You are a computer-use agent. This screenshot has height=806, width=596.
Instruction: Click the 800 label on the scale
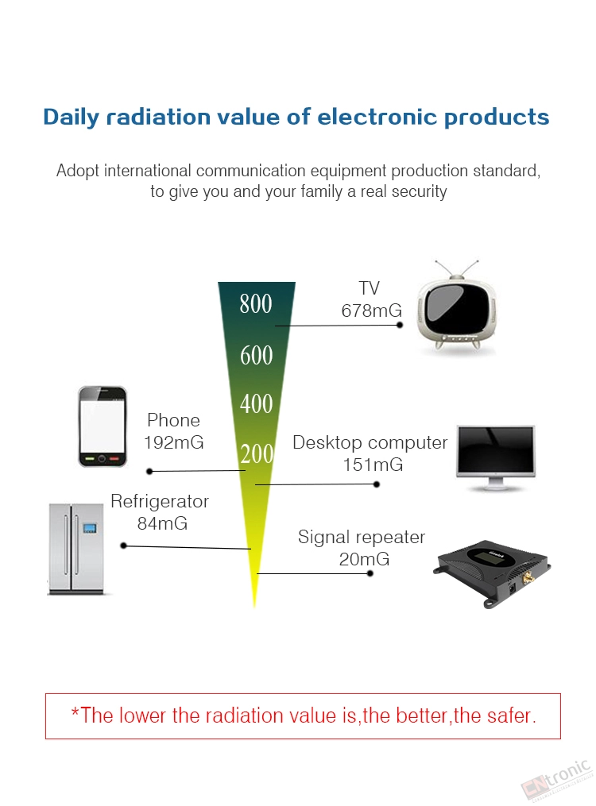(256, 304)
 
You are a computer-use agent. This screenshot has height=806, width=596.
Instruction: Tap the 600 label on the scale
(256, 356)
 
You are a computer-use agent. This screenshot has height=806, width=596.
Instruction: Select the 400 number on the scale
(256, 403)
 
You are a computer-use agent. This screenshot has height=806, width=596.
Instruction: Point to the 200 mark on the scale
(257, 454)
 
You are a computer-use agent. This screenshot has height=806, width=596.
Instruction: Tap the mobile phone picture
(103, 426)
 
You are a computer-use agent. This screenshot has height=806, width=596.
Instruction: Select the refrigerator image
(76, 549)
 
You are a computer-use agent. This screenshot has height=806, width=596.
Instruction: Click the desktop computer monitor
(496, 458)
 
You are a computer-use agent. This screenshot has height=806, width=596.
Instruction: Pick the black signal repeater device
(492, 573)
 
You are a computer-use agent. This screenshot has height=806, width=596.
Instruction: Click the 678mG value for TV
(371, 310)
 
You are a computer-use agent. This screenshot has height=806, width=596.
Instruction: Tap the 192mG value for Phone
(174, 442)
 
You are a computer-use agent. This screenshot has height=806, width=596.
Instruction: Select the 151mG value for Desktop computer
(373, 465)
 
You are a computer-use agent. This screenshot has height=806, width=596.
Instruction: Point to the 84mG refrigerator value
(162, 523)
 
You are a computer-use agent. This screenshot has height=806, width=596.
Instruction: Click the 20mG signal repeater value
(364, 559)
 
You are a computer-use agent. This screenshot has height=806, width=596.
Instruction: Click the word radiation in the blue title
(158, 117)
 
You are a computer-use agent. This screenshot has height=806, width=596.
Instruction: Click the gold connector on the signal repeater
(528, 578)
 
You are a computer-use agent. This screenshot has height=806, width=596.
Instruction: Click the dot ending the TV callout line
(400, 325)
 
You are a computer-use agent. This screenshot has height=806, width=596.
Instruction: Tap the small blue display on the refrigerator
(90, 527)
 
